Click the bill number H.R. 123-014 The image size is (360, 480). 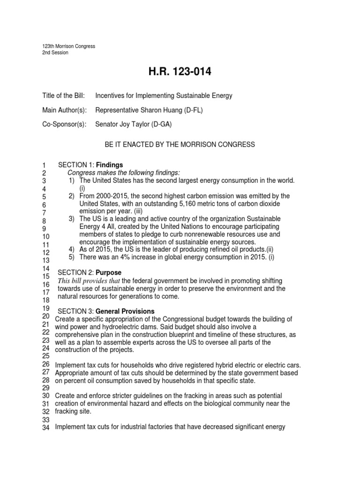click(x=180, y=72)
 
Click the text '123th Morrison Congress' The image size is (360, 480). click(x=68, y=46)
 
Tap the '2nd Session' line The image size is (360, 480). click(x=55, y=52)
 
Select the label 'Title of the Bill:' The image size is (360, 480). click(x=64, y=96)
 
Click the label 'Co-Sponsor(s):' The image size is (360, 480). click(x=65, y=125)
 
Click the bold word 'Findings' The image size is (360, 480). click(x=110, y=165)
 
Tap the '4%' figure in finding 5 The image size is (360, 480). click(x=135, y=257)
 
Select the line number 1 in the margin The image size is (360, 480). click(x=44, y=165)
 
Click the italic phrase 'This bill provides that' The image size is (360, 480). click(x=89, y=281)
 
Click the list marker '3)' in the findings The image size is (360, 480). click(x=72, y=219)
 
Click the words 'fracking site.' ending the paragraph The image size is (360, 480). click(x=73, y=411)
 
